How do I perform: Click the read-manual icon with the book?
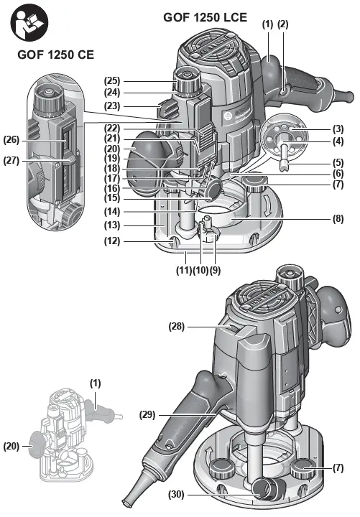coord(29,22)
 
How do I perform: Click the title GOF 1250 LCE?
coord(205,17)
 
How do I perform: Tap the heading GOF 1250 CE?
coord(56,55)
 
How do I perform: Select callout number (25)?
coord(112,80)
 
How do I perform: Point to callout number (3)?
coord(338,129)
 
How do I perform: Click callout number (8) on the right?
coord(338,218)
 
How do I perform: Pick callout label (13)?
coord(112,225)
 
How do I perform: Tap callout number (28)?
coord(177,327)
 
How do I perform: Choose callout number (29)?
coord(147,414)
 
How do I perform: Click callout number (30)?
coord(177,494)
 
